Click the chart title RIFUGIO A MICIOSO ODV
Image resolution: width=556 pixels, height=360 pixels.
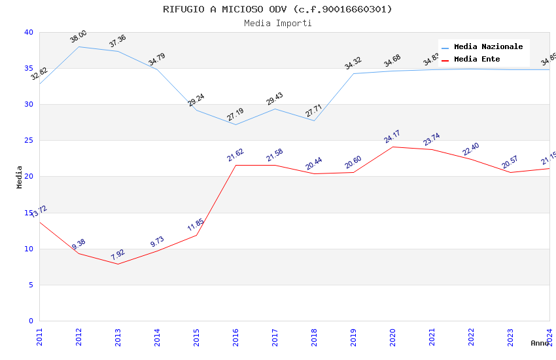(x=277, y=9)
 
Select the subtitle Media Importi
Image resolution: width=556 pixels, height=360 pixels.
(x=277, y=23)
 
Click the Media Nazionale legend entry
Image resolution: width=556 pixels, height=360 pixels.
(x=488, y=46)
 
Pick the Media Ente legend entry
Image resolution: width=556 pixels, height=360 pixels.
(x=477, y=59)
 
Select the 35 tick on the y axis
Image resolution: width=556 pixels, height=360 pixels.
(x=28, y=68)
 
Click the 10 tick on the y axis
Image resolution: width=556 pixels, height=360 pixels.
(x=28, y=249)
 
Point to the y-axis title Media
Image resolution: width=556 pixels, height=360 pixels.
(x=20, y=177)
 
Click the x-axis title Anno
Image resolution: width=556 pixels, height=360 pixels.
(x=540, y=343)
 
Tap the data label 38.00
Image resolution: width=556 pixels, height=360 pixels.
(x=78, y=37)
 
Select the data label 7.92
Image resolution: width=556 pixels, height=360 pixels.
(x=118, y=255)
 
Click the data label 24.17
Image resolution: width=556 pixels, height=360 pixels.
(x=392, y=137)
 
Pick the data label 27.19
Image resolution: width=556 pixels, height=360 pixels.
(x=235, y=115)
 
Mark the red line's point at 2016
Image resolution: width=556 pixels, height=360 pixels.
(x=235, y=165)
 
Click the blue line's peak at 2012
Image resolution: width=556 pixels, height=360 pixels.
(x=78, y=46)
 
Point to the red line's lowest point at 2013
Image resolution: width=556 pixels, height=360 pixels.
(x=118, y=264)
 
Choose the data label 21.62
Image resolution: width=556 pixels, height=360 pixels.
(x=235, y=155)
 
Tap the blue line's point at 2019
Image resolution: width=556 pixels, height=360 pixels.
(x=353, y=73)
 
